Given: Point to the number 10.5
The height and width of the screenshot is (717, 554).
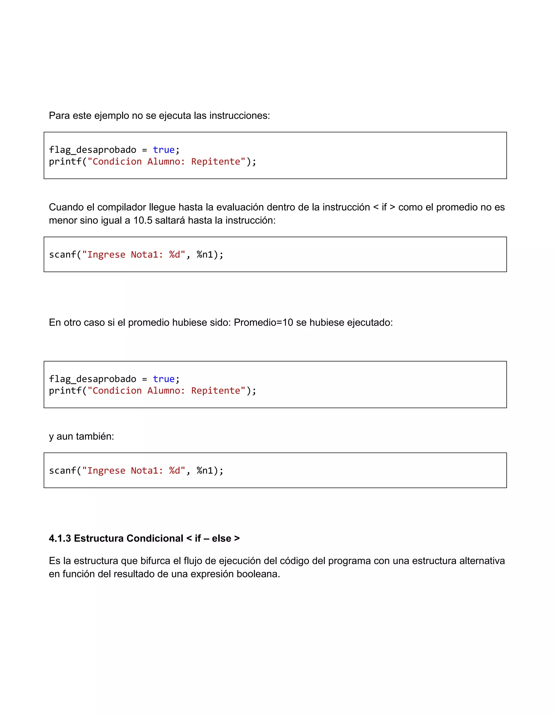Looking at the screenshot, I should pyautogui.click(x=143, y=220).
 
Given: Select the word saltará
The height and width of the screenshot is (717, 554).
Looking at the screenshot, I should pyautogui.click(x=170, y=220).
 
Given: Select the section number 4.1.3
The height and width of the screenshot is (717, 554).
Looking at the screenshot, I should pyautogui.click(x=60, y=538).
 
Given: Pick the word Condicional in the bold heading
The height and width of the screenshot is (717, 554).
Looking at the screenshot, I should pyautogui.click(x=154, y=538).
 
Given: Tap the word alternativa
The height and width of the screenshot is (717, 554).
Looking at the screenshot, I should pyautogui.click(x=482, y=561).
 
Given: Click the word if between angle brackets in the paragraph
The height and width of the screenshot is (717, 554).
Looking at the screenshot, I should pyautogui.click(x=384, y=207).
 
